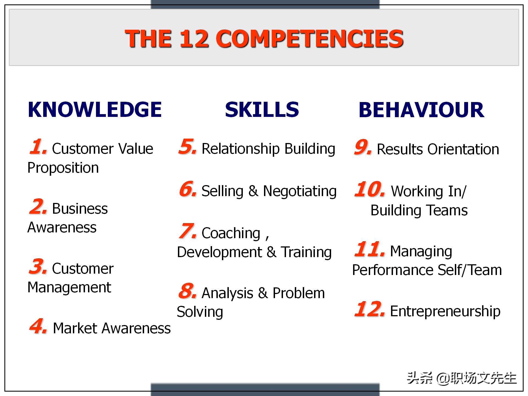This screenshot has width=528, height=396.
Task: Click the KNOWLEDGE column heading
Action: point(95,109)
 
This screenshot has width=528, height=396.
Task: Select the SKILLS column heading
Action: point(262,109)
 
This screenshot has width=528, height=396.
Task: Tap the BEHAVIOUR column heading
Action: point(421,110)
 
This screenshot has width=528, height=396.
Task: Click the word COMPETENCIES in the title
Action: point(310,38)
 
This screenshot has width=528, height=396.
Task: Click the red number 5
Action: point(188,147)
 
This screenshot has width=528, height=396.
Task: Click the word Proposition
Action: point(63,168)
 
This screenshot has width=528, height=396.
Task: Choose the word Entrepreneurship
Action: point(445,312)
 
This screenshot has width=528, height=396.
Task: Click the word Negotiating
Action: point(300,191)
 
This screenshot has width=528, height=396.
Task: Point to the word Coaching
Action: point(231,233)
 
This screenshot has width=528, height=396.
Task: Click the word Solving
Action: point(200,312)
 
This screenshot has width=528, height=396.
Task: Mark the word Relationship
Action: point(241,149)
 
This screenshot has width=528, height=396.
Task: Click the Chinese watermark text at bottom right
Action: point(462,378)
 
